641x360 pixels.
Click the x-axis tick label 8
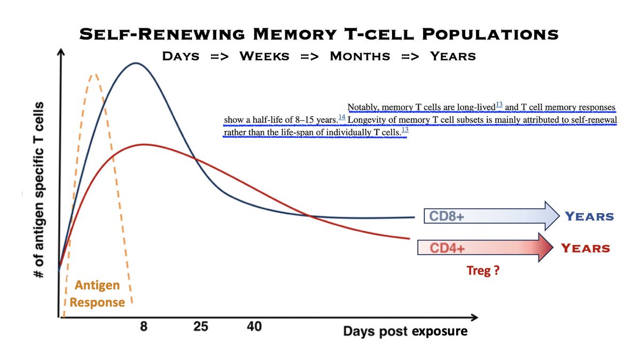point(143,326)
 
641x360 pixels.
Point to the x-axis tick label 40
point(254,326)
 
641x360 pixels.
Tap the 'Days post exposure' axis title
point(405,331)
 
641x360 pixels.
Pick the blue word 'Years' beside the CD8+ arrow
point(589,216)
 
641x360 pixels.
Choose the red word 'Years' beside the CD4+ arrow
point(585,248)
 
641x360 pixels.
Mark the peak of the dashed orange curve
point(94,74)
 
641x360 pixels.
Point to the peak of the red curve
point(143,144)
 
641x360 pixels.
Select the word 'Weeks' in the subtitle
point(266,56)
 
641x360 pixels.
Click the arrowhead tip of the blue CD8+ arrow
point(556,216)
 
